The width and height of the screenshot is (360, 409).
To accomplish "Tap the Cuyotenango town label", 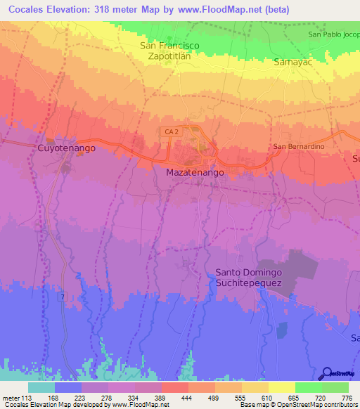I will click(x=66, y=149).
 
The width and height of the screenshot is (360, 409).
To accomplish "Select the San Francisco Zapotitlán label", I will click(x=169, y=51).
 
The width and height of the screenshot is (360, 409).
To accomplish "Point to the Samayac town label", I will click(x=293, y=62).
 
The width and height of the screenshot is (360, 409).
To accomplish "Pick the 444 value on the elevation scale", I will click(x=188, y=398).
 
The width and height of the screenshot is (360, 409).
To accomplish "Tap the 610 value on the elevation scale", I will click(x=266, y=398).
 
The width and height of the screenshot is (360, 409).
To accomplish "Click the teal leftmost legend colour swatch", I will click(x=41, y=387).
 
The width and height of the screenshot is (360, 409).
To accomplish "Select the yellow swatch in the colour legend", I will click(x=281, y=387).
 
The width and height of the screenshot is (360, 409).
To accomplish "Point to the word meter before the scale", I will click(x=12, y=398).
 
